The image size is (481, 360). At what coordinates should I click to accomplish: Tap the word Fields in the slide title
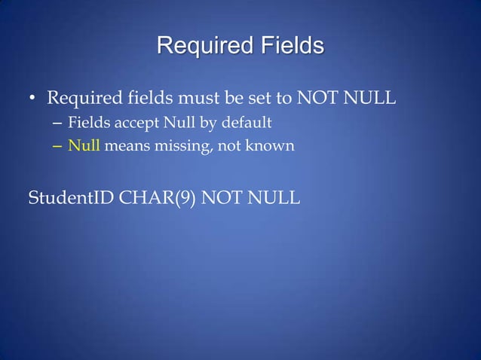pyautogui.click(x=286, y=46)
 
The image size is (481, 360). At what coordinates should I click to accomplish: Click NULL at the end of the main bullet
pyautogui.click(x=369, y=99)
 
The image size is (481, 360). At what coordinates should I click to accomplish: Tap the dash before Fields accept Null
pyautogui.click(x=57, y=122)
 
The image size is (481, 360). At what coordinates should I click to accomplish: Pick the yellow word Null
pyautogui.click(x=84, y=145)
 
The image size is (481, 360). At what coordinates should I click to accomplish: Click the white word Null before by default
pyautogui.click(x=170, y=122)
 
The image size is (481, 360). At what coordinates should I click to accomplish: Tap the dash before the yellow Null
pyautogui.click(x=57, y=145)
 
